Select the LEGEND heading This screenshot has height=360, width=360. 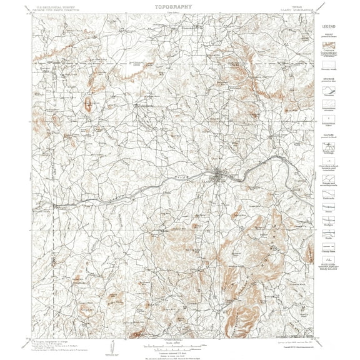(328, 26)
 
